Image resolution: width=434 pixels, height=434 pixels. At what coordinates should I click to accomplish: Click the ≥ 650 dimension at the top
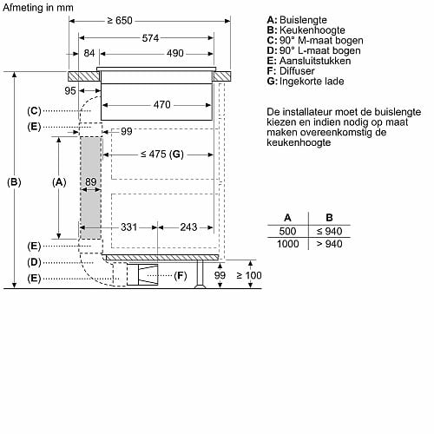120,21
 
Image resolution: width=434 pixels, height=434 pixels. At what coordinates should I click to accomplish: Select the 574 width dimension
150,38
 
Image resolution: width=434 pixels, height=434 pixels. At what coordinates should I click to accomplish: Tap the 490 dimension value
175,53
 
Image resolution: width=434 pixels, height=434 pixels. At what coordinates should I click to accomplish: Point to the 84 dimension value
89,53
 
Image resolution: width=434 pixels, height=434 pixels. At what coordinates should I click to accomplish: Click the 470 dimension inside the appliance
162,105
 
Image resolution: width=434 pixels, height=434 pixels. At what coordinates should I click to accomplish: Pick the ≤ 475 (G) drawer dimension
162,155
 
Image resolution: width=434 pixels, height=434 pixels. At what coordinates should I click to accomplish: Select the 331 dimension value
129,227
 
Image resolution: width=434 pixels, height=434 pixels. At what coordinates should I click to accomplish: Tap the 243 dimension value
188,227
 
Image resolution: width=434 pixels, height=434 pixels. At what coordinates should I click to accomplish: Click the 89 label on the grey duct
91,181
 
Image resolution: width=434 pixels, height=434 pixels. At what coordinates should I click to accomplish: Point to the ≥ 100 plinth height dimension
249,275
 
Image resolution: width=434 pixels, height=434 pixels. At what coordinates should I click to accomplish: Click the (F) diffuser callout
181,276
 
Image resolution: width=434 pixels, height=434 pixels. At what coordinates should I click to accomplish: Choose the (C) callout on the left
34,111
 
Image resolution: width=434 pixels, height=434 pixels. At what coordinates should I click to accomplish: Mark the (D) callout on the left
34,262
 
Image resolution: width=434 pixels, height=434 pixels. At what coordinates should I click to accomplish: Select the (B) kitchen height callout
14,182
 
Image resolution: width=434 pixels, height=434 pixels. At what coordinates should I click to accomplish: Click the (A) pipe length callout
59,182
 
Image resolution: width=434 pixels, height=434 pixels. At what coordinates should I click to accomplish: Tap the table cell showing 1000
288,244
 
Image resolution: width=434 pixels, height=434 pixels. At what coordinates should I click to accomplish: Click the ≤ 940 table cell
329,231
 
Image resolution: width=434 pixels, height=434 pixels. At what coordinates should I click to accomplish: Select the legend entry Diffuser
291,71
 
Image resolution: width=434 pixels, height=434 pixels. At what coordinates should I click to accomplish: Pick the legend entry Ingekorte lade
306,82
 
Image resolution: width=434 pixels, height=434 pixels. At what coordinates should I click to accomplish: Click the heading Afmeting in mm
38,8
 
